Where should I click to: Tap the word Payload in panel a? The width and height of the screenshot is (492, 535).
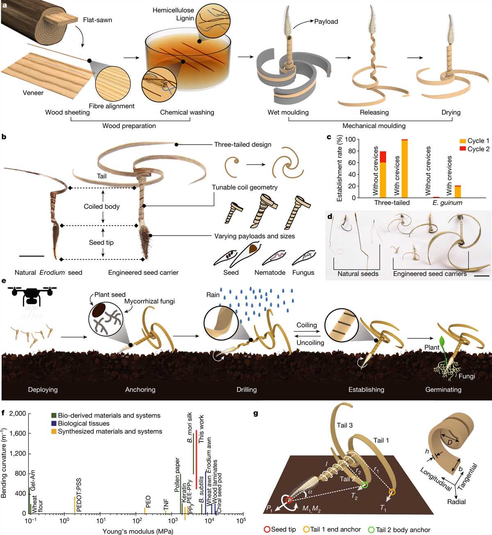[326, 21]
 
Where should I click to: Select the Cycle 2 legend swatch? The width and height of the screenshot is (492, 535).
[462, 149]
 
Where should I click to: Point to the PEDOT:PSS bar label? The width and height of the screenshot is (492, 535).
[79, 495]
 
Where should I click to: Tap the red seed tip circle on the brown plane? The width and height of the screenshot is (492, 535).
[289, 500]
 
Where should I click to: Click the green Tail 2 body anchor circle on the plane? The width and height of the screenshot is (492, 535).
[365, 485]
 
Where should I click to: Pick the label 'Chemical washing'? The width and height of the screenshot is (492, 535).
[187, 112]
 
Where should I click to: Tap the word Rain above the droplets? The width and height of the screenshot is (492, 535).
[213, 295]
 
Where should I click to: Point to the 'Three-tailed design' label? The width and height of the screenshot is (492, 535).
[243, 145]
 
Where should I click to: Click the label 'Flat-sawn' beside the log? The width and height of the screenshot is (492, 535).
[98, 20]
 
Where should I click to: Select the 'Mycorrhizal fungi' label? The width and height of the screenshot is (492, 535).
[150, 301]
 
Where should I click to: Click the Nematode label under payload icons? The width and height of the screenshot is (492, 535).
[270, 272]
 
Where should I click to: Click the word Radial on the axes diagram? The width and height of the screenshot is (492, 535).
[456, 502]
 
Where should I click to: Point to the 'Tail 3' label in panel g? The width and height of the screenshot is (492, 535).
[345, 425]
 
